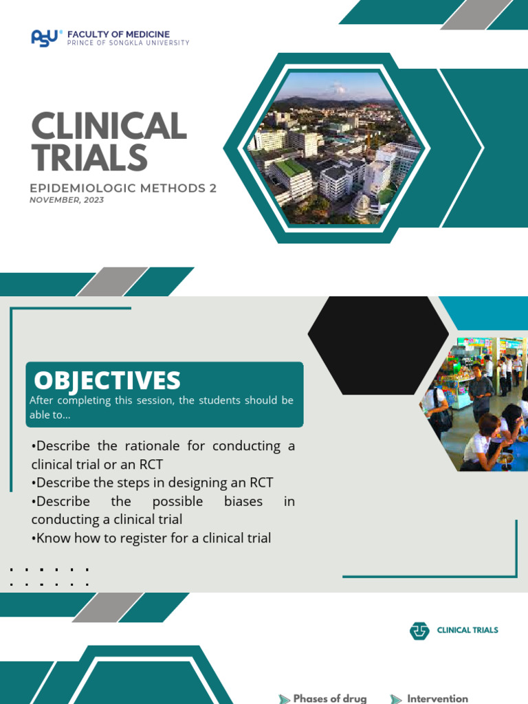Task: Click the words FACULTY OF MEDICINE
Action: (118, 34)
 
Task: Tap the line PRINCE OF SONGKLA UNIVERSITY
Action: (128, 43)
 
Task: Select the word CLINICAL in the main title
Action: (109, 127)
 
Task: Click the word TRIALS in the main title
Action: (89, 158)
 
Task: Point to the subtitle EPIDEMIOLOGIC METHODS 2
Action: (123, 188)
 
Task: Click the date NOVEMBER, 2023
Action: (67, 200)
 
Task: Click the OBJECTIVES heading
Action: (107, 380)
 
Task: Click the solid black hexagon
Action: (378, 346)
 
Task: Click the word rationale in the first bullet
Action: (149, 445)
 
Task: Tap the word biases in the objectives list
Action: (243, 501)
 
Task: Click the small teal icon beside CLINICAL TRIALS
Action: (419, 630)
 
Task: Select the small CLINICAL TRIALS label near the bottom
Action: (467, 630)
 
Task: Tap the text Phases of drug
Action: (330, 698)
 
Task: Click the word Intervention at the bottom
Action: (437, 698)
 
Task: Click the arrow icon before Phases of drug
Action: (284, 698)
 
